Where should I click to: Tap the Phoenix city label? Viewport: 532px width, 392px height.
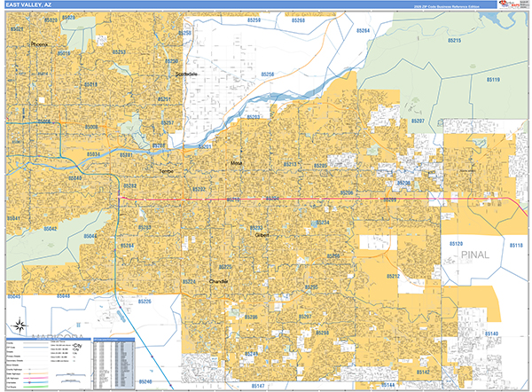40,43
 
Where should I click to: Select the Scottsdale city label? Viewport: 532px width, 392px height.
188,74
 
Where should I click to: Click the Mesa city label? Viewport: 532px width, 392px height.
236,164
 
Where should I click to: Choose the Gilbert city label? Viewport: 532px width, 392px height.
262,235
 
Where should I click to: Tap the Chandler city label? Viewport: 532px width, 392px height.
218,280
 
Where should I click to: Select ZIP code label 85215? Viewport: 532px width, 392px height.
456,41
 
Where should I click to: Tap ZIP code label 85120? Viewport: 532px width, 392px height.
458,242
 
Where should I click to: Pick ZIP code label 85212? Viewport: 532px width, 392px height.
393,276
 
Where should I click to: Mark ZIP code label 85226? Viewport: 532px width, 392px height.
144,302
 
